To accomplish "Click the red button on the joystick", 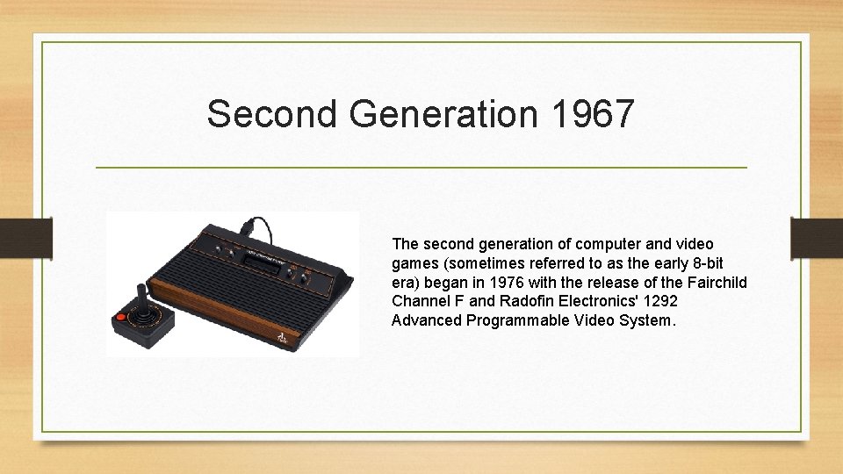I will pyautogui.click(x=120, y=317).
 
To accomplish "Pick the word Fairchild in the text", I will pyautogui.click(x=717, y=282).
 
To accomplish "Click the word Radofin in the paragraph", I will pyautogui.click(x=525, y=301).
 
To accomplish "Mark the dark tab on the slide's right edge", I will pyautogui.click(x=817, y=237).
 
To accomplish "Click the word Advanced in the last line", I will pyautogui.click(x=427, y=320).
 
